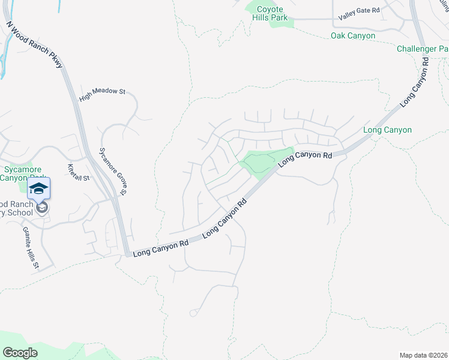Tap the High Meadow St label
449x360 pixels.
102,92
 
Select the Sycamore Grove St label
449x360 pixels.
112,171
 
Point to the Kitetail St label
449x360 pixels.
78,173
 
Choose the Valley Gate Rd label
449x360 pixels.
359,14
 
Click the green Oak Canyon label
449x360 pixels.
353,36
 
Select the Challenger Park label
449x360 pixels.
423,48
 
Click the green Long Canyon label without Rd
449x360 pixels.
387,130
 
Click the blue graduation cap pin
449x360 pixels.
38,188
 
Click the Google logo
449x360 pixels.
20,352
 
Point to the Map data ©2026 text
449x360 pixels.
423,355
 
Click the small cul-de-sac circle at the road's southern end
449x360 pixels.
193,313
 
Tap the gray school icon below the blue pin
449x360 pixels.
42,208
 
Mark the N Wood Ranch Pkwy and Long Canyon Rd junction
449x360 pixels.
127,254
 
